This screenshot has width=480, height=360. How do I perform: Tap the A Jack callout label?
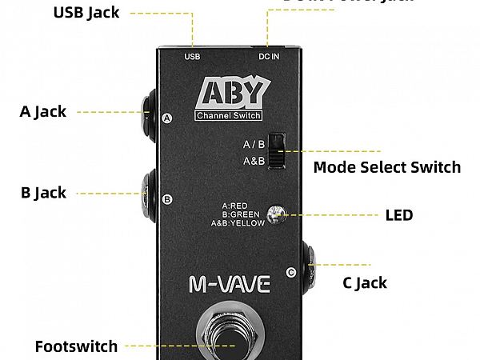pyautogui.click(x=43, y=112)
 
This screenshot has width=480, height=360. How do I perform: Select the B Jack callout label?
pyautogui.click(x=43, y=193)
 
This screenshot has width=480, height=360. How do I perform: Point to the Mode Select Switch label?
pyautogui.click(x=386, y=167)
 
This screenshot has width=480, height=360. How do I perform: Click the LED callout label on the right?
pyautogui.click(x=399, y=215)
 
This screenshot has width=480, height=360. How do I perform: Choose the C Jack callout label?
pyautogui.click(x=365, y=282)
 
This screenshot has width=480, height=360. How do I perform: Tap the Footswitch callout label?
pyautogui.click(x=76, y=346)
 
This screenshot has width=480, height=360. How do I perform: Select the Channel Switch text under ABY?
pyautogui.click(x=229, y=117)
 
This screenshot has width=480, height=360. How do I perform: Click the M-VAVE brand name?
pyautogui.click(x=230, y=283)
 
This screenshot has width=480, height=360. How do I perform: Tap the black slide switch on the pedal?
pyautogui.click(x=276, y=150)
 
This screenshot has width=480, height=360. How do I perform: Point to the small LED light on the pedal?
pyautogui.click(x=277, y=214)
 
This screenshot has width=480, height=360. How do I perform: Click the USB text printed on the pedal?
pyautogui.click(x=192, y=57)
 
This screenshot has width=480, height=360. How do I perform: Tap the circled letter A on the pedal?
pyautogui.click(x=167, y=118)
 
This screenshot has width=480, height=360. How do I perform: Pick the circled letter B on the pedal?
pyautogui.click(x=167, y=199)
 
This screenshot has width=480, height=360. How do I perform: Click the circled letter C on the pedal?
pyautogui.click(x=290, y=272)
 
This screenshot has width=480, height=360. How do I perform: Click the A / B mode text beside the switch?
pyautogui.click(x=254, y=145)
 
